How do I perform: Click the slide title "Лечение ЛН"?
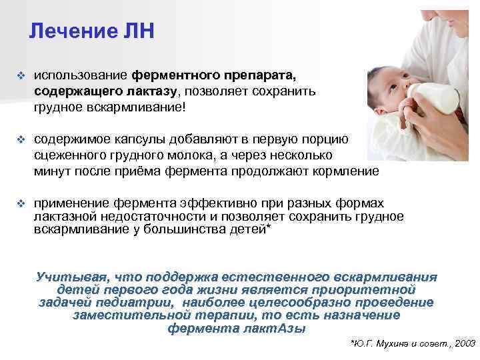(x=92, y=31)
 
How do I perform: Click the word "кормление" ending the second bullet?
(x=346, y=171)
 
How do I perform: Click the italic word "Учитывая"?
(x=71, y=277)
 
